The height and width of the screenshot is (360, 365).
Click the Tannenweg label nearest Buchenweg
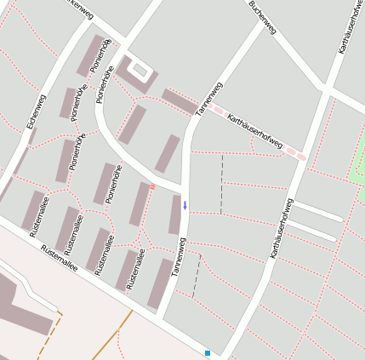(x=208, y=98)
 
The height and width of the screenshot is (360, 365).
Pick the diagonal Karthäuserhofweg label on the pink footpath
(x=255, y=133)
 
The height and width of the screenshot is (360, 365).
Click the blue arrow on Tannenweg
(x=185, y=205)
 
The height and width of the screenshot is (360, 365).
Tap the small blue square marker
(x=207, y=352)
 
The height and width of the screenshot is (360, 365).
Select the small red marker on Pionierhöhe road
(x=152, y=186)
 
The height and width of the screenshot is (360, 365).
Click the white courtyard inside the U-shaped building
(x=140, y=70)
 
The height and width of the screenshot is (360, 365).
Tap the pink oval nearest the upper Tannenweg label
(x=218, y=110)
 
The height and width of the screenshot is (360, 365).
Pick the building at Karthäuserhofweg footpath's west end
(x=178, y=100)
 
